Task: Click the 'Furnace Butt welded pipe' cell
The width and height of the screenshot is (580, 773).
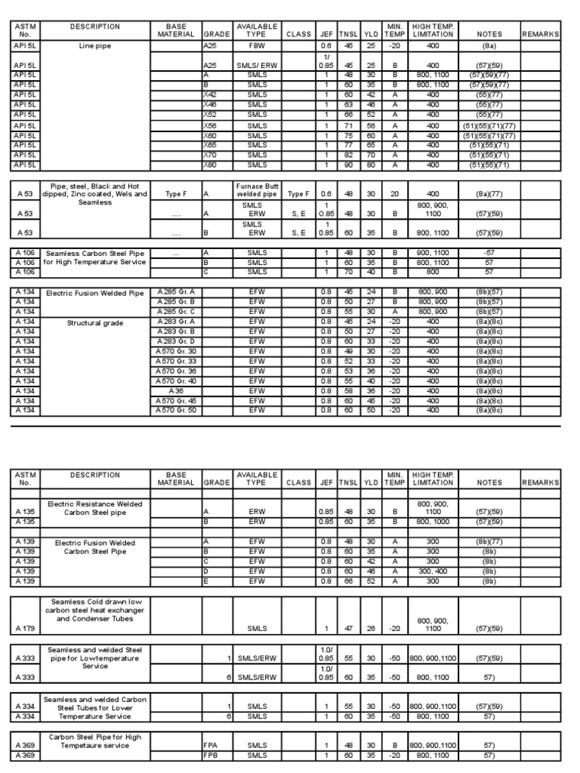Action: pyautogui.click(x=257, y=189)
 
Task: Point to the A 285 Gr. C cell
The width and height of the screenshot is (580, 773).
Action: pyautogui.click(x=176, y=310)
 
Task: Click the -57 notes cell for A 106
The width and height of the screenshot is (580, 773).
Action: pyautogui.click(x=489, y=253)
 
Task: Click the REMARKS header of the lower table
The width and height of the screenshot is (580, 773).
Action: pyautogui.click(x=540, y=482)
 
